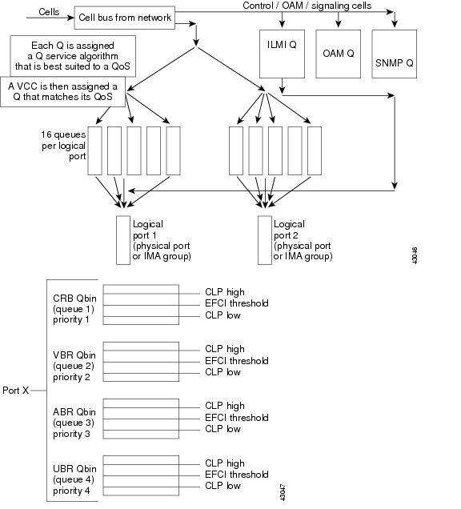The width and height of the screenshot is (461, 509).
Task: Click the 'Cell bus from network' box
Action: click(124, 17)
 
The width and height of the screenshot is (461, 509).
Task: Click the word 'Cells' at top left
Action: click(49, 11)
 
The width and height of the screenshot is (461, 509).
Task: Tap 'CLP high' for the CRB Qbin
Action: click(225, 292)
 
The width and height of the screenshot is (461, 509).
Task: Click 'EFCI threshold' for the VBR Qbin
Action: click(237, 360)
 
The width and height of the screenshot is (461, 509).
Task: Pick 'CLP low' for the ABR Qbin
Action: click(223, 429)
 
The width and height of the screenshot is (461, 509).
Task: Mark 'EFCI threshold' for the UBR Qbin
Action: click(237, 474)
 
